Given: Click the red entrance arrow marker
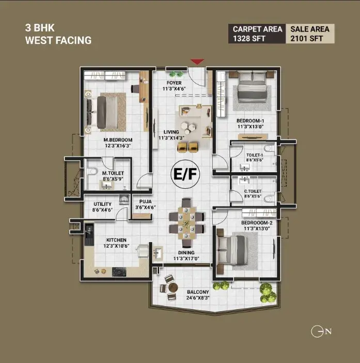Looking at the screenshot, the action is [197, 62].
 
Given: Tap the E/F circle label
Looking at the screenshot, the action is [185, 174].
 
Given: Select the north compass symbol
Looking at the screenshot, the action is [321, 331].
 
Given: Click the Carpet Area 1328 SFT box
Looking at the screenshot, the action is [257, 34].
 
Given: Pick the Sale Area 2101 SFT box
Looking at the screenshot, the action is [310, 34].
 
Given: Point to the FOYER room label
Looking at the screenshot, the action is [174, 83].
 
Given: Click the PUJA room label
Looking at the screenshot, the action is [146, 202].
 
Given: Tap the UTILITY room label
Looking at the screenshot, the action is [102, 204].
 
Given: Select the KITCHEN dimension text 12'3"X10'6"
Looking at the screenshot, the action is [116, 246].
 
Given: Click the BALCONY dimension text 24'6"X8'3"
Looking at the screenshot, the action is [198, 298].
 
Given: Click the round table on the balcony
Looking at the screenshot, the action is [173, 288].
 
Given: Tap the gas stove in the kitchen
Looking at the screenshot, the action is [119, 272].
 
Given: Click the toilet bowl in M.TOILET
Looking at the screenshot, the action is [91, 172].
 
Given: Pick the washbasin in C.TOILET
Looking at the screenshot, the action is [244, 180].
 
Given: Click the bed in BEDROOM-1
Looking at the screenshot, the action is [252, 87].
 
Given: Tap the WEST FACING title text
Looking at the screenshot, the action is [58, 40].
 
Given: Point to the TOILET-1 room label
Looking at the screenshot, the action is [255, 155].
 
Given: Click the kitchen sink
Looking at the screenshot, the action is [89, 234].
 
